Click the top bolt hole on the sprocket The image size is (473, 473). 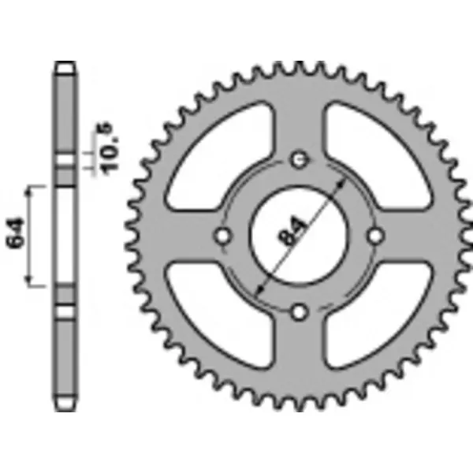point(298,160)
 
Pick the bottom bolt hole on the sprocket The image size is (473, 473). point(298,312)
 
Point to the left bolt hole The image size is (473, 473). point(222,236)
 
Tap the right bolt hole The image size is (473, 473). point(374,236)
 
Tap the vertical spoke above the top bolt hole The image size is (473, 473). point(298,118)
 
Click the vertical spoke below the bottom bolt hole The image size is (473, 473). point(298,355)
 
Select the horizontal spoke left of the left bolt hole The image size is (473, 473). point(181,236)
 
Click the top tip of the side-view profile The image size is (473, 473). point(65,65)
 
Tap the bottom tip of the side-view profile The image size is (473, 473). point(65,406)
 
